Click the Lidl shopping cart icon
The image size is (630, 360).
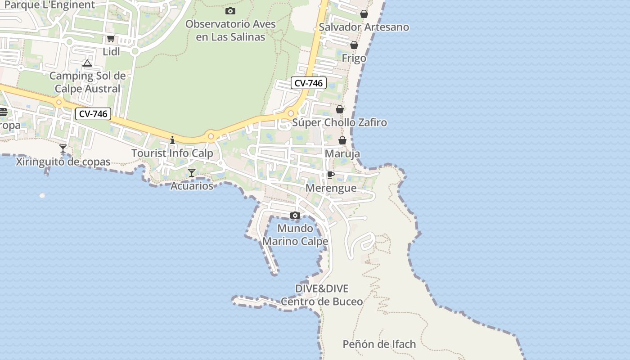pyautogui.click(x=111, y=39)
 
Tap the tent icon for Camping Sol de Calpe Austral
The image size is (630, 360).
pyautogui.click(x=87, y=63)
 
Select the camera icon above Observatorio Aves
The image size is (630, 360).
pyautogui.click(x=230, y=11)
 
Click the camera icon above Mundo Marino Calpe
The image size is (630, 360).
pyautogui.click(x=295, y=216)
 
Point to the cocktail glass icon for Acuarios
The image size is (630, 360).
pyautogui.click(x=192, y=172)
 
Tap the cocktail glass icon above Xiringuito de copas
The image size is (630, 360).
pyautogui.click(x=63, y=148)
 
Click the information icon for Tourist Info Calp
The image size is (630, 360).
pyautogui.click(x=172, y=140)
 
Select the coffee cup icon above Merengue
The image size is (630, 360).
pyautogui.click(x=331, y=175)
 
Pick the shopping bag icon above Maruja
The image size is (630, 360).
pyautogui.click(x=342, y=141)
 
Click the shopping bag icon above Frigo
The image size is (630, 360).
pyautogui.click(x=354, y=45)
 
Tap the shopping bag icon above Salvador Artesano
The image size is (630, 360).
pyautogui.click(x=364, y=14)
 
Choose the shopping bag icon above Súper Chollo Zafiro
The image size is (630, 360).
pyautogui.click(x=340, y=109)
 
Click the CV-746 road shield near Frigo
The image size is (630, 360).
pyautogui.click(x=308, y=83)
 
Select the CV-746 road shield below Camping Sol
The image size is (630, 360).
pyautogui.click(x=93, y=114)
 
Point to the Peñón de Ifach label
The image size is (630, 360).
pyautogui.click(x=379, y=344)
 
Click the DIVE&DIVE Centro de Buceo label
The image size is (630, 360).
pyautogui.click(x=322, y=295)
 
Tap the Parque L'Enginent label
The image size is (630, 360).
pyautogui.click(x=49, y=5)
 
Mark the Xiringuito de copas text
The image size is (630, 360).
pyautogui.click(x=63, y=162)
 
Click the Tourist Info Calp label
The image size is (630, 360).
pyautogui.click(x=172, y=153)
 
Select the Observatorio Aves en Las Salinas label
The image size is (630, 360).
pyautogui.click(x=230, y=30)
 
